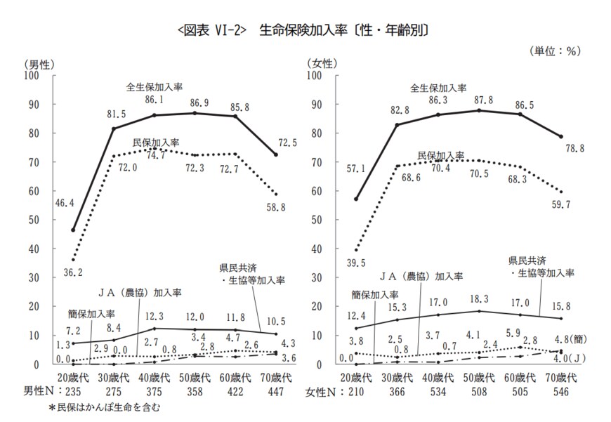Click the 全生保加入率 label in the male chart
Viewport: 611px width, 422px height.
point(155,88)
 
